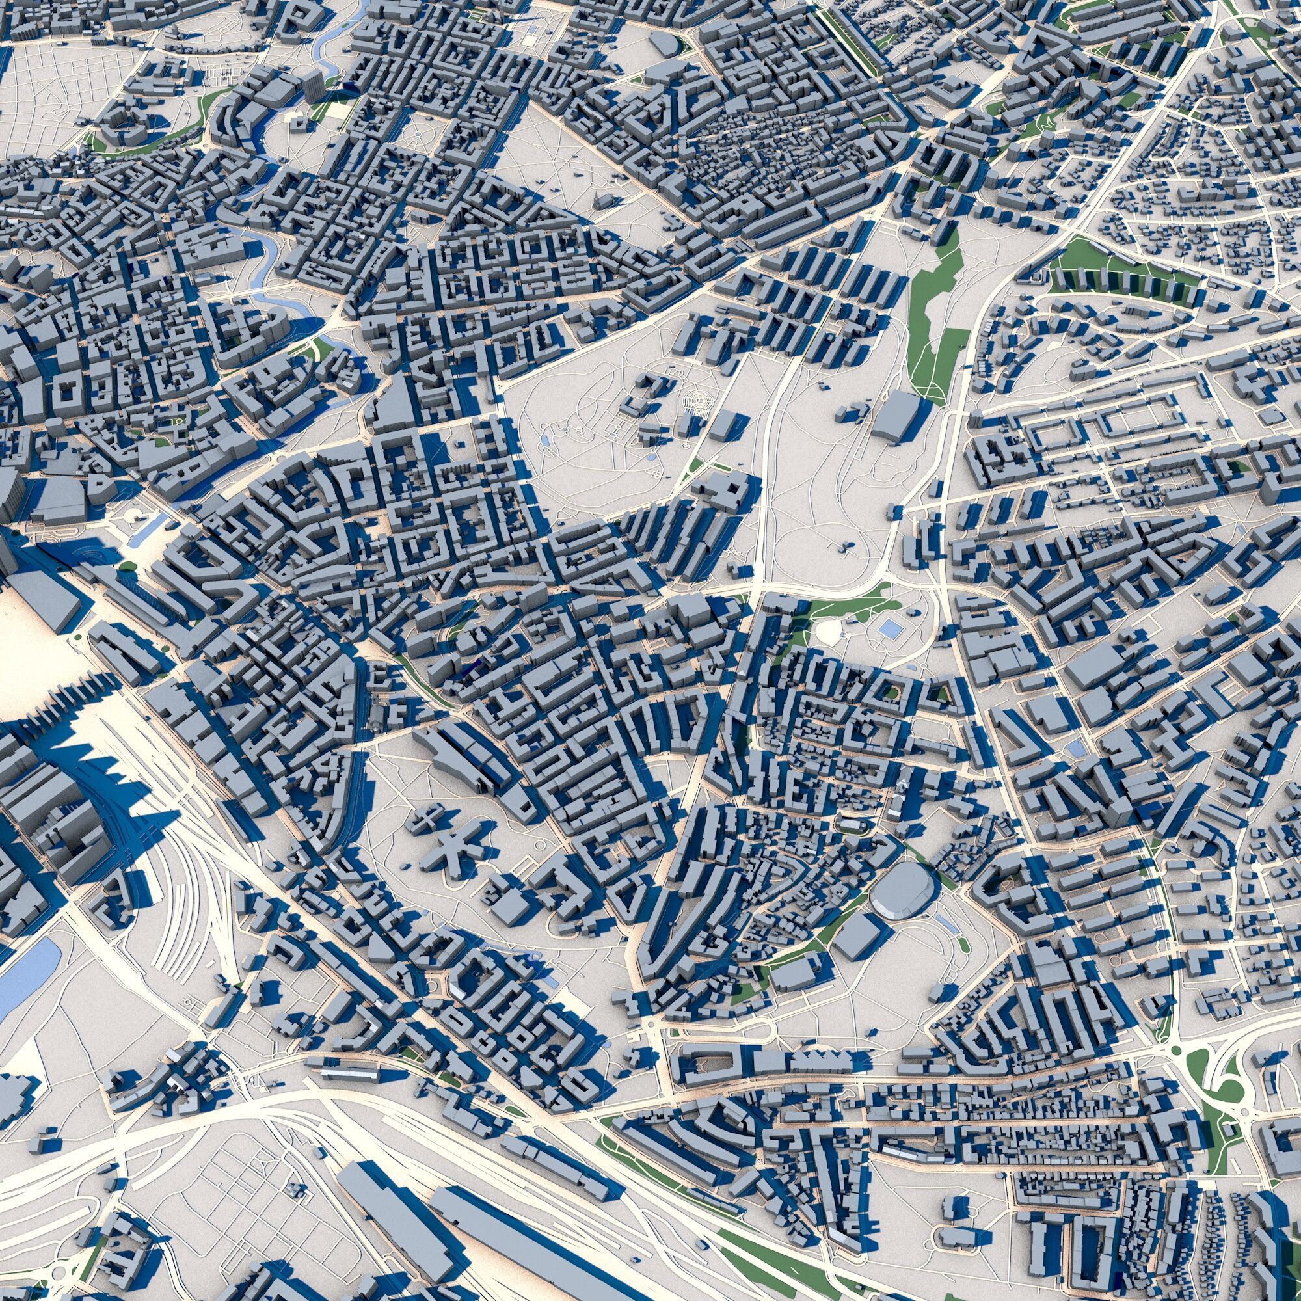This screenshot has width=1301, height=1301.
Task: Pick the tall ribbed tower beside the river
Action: (x=312, y=87)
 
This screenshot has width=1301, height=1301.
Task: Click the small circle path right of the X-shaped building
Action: (x=539, y=844)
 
